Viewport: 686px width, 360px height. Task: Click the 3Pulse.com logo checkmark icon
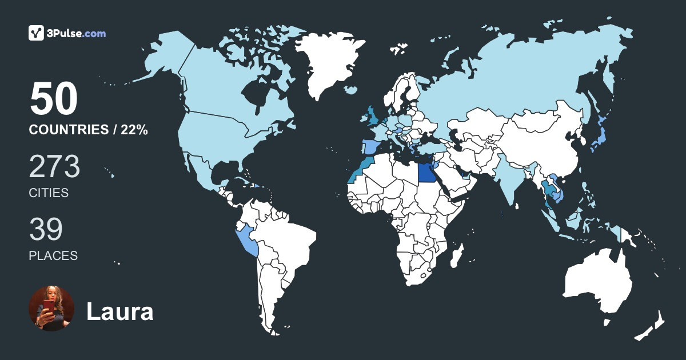[x=37, y=33]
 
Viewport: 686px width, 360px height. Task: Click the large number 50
[x=53, y=99]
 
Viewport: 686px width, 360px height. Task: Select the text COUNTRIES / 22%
[x=88, y=130]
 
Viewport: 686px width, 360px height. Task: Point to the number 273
[x=54, y=167]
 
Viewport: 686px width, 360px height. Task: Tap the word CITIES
[x=49, y=193]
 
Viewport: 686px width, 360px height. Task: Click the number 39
[x=45, y=229]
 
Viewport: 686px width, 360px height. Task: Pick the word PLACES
[x=53, y=256]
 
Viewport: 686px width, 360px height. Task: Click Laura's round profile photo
[x=51, y=309]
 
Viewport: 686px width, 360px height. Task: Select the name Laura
[x=119, y=312]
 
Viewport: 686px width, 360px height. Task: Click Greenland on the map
[x=326, y=63]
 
